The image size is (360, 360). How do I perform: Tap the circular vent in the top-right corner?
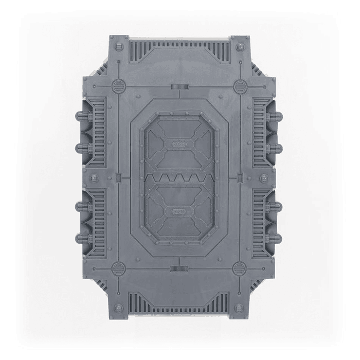tap(239, 85)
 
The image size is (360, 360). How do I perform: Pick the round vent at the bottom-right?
tap(239, 267)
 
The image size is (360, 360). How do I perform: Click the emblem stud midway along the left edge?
tap(94, 177)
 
